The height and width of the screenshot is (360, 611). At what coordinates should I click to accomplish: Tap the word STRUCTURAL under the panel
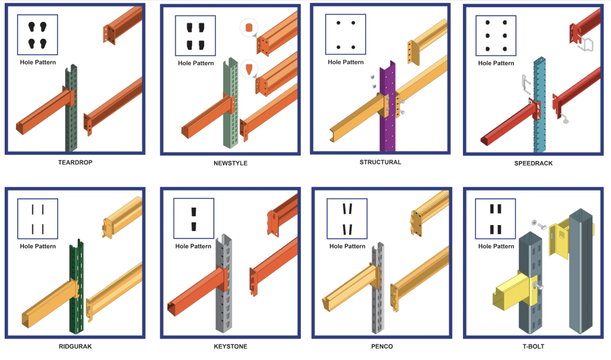(380, 162)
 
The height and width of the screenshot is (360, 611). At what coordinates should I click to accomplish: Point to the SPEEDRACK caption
(533, 163)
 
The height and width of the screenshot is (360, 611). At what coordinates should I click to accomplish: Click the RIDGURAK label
(75, 346)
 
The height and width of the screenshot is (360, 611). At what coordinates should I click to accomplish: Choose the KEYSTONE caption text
(230, 346)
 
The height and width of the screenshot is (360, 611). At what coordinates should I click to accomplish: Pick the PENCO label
(380, 346)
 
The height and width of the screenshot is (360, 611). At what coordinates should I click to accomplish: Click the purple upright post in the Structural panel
(387, 119)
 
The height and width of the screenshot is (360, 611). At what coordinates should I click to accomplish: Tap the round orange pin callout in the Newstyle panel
(248, 28)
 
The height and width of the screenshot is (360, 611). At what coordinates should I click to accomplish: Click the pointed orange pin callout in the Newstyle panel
(248, 69)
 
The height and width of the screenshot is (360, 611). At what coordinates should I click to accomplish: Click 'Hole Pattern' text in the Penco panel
(347, 246)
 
